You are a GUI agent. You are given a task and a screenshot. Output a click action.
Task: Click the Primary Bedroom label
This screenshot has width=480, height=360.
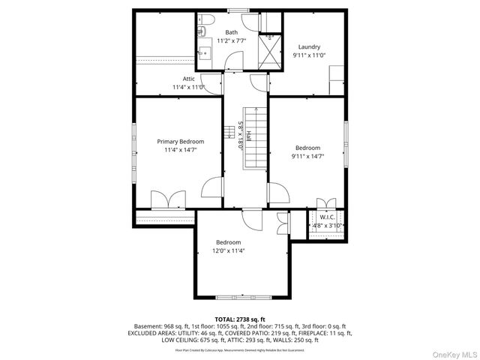180,141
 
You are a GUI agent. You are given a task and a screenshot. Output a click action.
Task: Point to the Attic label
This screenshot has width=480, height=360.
189,78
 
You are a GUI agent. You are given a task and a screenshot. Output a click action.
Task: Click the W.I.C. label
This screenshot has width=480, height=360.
326,217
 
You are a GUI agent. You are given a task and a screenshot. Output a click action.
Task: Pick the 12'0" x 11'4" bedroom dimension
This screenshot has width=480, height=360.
229,251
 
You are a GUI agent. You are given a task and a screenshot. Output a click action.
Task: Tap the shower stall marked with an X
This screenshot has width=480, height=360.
268,50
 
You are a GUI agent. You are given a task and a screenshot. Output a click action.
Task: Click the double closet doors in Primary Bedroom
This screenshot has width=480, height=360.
168,200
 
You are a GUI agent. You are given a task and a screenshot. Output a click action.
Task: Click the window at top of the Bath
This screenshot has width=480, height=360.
238,10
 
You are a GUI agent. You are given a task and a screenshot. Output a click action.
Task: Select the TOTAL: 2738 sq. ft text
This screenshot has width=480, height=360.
240,319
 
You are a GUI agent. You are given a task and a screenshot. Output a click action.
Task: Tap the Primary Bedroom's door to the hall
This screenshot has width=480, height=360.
214,187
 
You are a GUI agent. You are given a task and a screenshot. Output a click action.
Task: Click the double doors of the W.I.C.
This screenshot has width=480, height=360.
326,205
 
